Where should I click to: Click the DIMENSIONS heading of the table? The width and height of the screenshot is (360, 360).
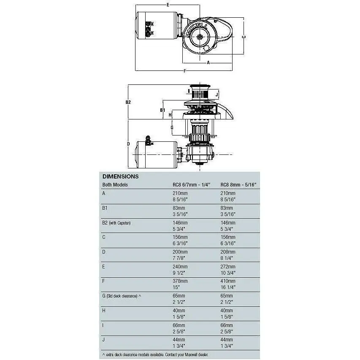[x=120, y=177]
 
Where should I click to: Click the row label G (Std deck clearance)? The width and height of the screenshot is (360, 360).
[x=122, y=296]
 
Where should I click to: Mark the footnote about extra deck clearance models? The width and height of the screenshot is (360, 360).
[x=155, y=354]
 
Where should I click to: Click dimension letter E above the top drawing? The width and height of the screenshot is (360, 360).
[x=168, y=5]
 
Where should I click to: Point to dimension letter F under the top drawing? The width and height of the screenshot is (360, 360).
[x=185, y=71]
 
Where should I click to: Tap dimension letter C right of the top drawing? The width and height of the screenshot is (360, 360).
[x=244, y=37]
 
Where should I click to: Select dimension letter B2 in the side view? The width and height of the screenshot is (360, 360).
[x=128, y=102]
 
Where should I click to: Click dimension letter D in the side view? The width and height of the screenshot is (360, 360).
[x=128, y=144]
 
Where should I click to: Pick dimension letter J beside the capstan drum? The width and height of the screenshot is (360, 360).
[x=217, y=94]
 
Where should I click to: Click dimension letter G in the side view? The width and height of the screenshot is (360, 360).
[x=172, y=127]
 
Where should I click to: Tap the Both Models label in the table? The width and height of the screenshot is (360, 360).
[x=115, y=185]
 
